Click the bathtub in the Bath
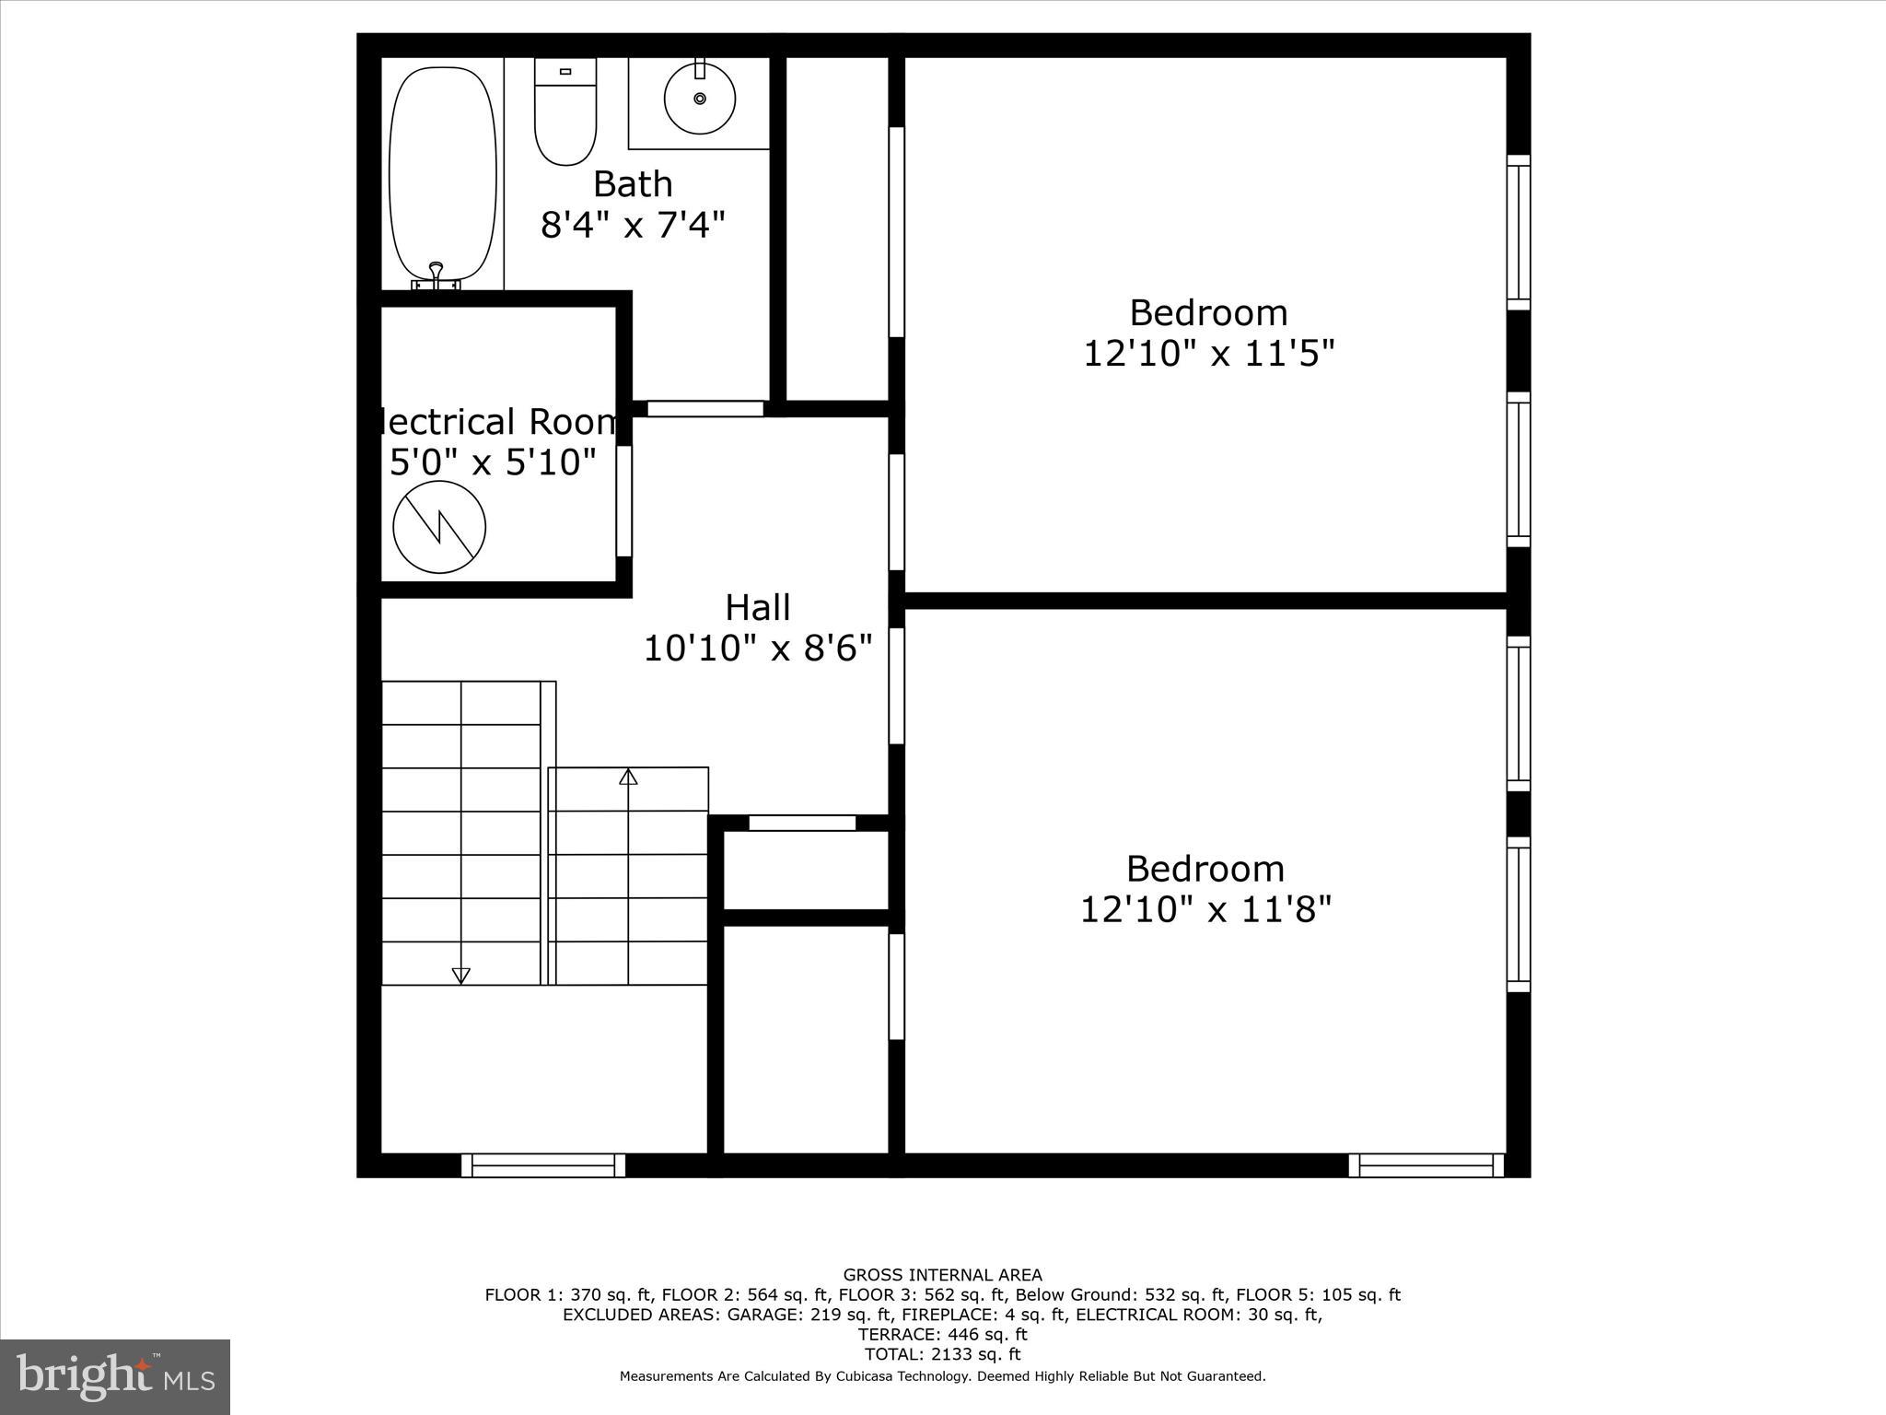pyautogui.click(x=437, y=175)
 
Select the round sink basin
pyautogui.click(x=700, y=98)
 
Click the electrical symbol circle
pyautogui.click(x=439, y=527)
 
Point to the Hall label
pyautogui.click(x=757, y=608)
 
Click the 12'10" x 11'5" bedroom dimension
pyautogui.click(x=1208, y=353)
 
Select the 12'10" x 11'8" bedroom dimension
pyautogui.click(x=1205, y=910)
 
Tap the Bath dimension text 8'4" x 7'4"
pyautogui.click(x=633, y=224)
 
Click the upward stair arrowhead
pyautogui.click(x=628, y=777)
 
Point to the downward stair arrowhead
pyautogui.click(x=460, y=976)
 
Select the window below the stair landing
pyautogui.click(x=543, y=1165)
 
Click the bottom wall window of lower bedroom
pyautogui.click(x=1426, y=1165)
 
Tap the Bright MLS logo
pyautogui.click(x=115, y=1377)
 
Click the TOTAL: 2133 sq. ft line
pyautogui.click(x=942, y=1354)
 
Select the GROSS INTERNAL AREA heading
pyautogui.click(x=942, y=1275)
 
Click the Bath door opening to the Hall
pyautogui.click(x=705, y=408)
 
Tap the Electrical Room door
pyautogui.click(x=623, y=501)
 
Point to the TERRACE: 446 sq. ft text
pyautogui.click(x=942, y=1334)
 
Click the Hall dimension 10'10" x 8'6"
pyautogui.click(x=757, y=649)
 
